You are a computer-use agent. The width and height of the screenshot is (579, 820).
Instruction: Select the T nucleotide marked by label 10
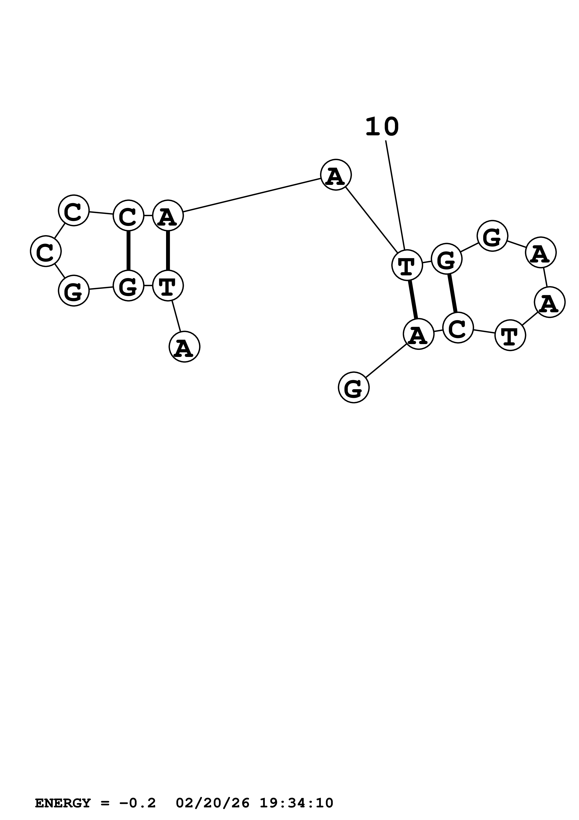click(407, 265)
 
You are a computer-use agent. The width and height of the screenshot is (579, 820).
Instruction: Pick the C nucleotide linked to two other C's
click(74, 210)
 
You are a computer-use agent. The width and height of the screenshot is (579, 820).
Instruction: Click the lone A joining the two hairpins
click(336, 175)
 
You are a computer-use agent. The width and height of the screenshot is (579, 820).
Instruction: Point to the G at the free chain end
click(354, 388)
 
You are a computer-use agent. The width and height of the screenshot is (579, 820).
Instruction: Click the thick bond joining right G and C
click(452, 293)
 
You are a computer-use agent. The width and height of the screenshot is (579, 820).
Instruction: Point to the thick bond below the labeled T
click(413, 299)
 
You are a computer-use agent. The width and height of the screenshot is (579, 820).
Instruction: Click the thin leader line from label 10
click(395, 195)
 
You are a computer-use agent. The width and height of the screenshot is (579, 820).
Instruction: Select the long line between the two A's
click(252, 195)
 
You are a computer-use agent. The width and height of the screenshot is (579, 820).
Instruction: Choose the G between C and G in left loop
click(74, 291)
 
